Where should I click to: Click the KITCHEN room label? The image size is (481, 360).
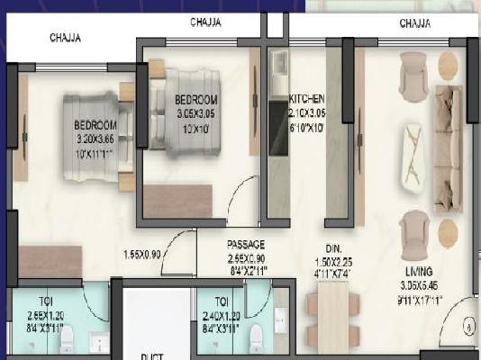(307, 97)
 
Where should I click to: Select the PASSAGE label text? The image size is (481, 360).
(245, 245)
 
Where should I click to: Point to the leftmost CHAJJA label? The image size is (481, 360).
(65, 38)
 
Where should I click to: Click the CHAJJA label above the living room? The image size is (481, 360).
(414, 22)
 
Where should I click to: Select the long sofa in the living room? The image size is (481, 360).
(448, 148)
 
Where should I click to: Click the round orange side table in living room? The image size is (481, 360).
(448, 63)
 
